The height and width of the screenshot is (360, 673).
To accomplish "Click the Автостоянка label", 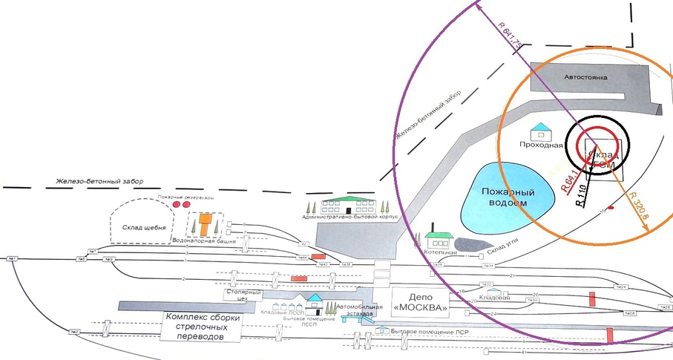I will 587,77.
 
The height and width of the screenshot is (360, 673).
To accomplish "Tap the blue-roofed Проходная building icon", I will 547,130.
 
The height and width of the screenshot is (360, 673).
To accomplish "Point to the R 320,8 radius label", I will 637,206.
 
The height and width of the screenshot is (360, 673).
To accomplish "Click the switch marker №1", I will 12,258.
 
